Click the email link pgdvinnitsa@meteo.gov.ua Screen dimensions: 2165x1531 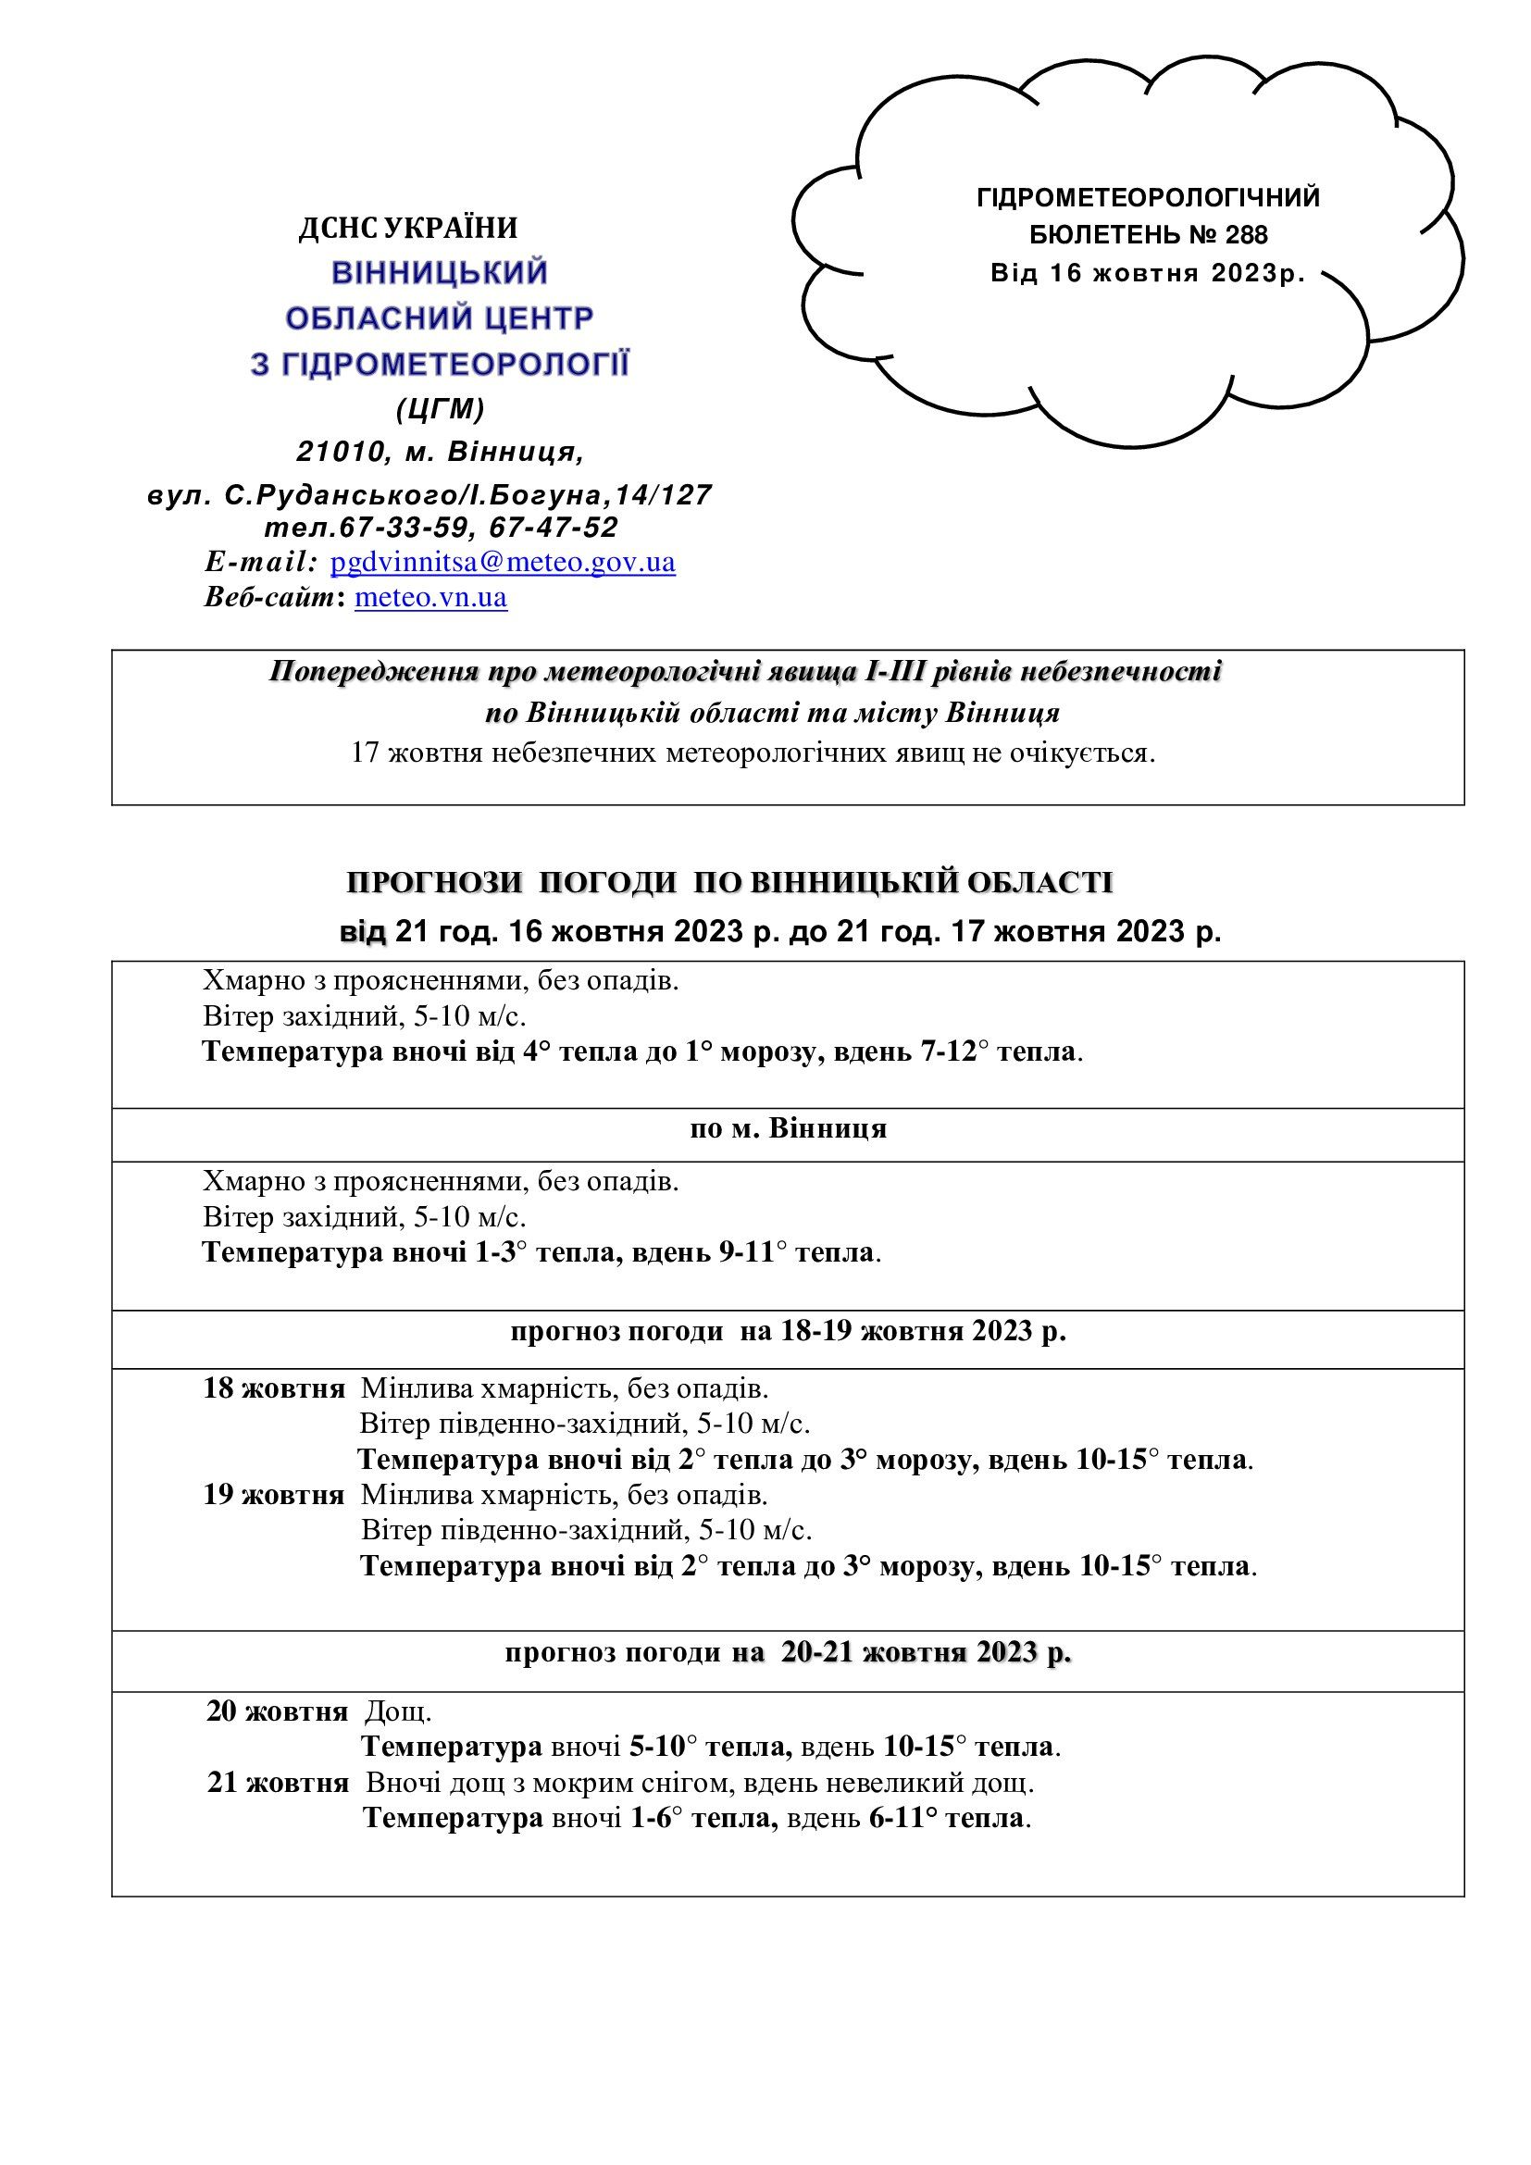(503, 563)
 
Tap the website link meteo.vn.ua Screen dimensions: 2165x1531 (430, 598)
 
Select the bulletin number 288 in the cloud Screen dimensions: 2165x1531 (1249, 235)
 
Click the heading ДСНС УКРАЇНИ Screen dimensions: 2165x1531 (408, 229)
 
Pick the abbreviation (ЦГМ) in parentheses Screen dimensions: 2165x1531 (440, 408)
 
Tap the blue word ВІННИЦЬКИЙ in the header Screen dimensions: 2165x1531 (440, 273)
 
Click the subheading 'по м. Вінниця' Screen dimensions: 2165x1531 (788, 1128)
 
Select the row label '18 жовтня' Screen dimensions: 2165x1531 (273, 1389)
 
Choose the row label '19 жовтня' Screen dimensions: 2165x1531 (273, 1496)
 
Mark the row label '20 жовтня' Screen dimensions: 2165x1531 (276, 1711)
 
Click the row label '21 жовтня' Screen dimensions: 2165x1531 (277, 1783)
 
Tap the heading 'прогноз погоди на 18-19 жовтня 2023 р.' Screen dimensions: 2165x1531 (788, 1331)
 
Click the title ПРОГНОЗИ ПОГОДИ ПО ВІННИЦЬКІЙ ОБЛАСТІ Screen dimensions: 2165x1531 (729, 883)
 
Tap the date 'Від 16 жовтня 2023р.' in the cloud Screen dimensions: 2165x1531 (1147, 273)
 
